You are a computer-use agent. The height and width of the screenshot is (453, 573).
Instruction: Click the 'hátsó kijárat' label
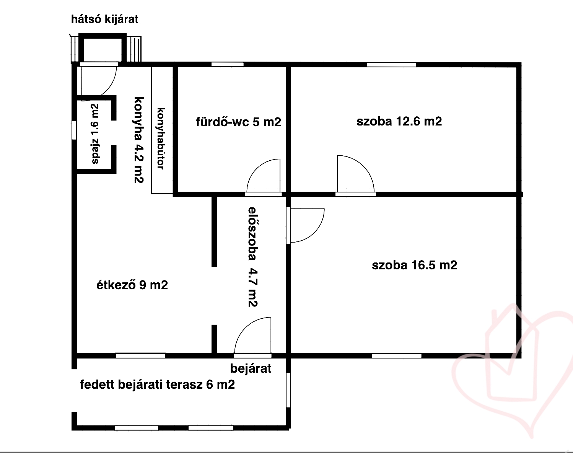coord(105,20)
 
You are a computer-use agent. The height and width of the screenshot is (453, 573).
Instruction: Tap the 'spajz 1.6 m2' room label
coord(95,134)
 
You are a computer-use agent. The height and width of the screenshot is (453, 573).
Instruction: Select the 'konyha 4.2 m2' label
coord(139,140)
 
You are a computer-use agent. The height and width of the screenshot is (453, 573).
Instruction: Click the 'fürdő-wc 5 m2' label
coord(239,122)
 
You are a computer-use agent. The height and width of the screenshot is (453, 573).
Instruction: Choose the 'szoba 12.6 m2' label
coord(399,121)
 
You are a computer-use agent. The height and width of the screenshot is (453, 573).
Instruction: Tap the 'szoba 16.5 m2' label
coord(415,265)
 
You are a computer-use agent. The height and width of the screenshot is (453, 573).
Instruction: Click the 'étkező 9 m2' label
coord(132,285)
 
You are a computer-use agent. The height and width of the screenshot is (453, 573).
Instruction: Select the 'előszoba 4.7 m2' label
coord(253,257)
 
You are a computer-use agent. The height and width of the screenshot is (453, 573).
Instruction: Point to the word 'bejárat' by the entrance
coord(251,368)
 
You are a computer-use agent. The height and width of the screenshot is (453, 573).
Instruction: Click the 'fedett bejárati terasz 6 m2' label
coord(157,385)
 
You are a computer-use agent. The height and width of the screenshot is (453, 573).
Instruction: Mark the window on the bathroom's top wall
coord(227,64)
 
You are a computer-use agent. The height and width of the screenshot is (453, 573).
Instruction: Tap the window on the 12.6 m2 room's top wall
coord(391,64)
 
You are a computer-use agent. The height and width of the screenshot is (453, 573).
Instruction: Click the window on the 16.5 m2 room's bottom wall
coord(396,356)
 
